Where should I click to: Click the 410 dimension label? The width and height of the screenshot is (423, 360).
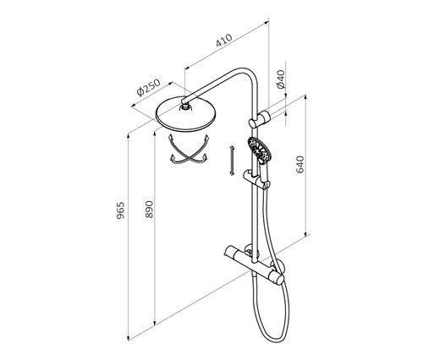(224, 41)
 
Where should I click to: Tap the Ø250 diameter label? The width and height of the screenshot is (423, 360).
(148, 88)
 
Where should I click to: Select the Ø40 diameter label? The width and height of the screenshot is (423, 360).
(281, 79)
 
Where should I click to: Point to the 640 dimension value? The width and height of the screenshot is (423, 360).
(300, 165)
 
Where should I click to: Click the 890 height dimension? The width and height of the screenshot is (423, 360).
(149, 209)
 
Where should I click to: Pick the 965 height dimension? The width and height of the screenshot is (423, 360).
(120, 210)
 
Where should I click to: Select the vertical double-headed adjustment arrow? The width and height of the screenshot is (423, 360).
(232, 161)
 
